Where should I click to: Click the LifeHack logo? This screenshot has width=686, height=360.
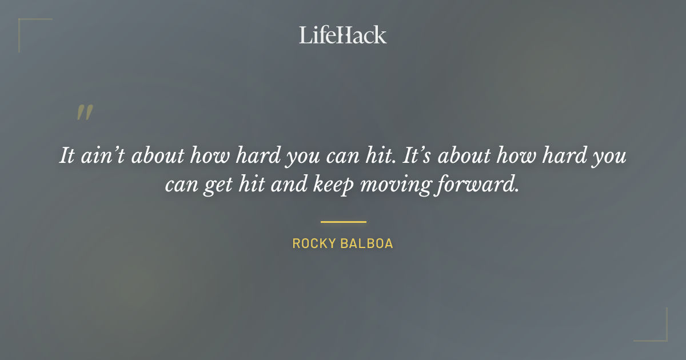tap(343, 35)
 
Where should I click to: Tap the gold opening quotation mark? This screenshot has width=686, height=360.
tap(84, 113)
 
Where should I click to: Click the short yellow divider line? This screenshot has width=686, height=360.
tap(343, 222)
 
